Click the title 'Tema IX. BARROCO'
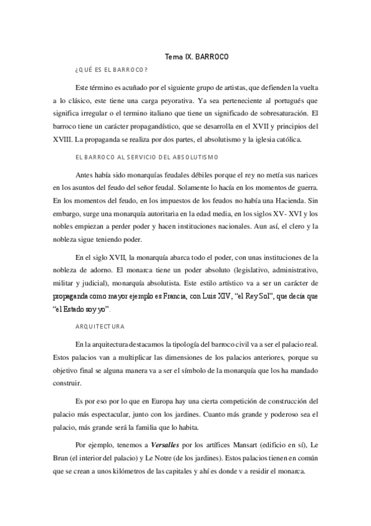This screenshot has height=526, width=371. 196,56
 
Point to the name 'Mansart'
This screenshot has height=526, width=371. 246,445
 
